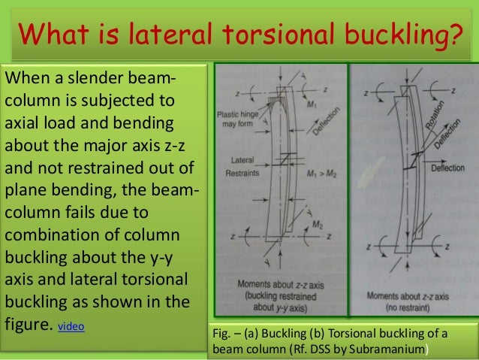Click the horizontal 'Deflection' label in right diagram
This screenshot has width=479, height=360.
point(448,168)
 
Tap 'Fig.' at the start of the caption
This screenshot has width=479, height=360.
point(223,333)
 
